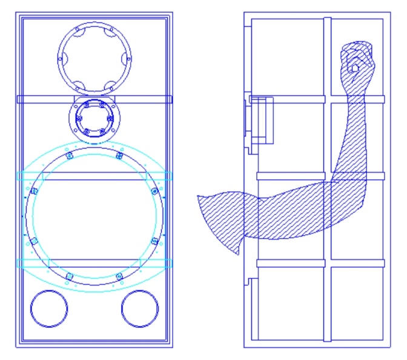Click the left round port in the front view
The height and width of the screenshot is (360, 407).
[x=49, y=309]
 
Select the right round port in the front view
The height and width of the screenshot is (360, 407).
[x=140, y=309]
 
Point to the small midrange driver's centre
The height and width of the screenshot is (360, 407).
[x=94, y=118]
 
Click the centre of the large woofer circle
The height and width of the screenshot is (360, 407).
[x=94, y=216]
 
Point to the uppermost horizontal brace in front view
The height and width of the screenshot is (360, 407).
[x=94, y=99]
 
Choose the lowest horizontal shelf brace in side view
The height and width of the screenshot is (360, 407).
[x=321, y=263]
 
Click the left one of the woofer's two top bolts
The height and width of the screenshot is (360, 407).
[x=69, y=156]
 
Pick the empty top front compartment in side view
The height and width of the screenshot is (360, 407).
[x=288, y=55]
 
